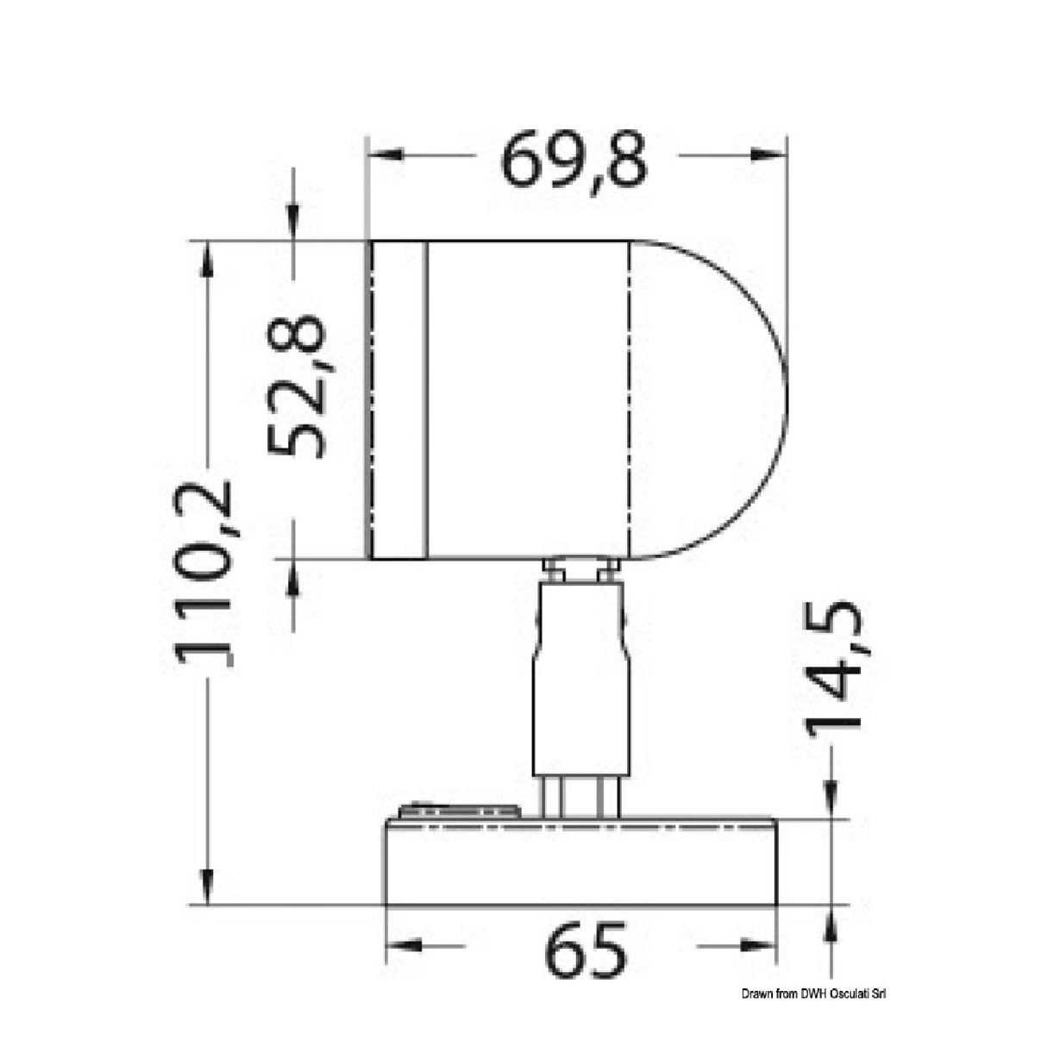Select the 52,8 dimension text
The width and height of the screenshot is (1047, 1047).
click(296, 386)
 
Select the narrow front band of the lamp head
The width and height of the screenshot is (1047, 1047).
click(398, 399)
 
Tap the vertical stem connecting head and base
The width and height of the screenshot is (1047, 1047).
click(580, 681)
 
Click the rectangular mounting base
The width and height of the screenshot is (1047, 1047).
click(580, 862)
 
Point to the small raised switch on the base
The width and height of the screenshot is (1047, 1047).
click(459, 811)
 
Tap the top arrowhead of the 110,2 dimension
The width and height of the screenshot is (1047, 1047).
click(207, 258)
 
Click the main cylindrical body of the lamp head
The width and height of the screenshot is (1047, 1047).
click(528, 399)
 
